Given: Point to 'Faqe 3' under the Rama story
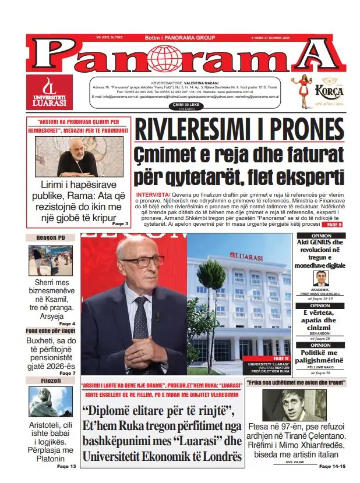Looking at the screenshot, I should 119,223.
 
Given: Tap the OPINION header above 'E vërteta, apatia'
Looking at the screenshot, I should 320,305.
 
